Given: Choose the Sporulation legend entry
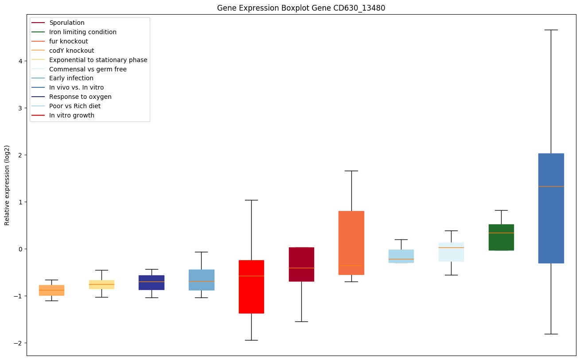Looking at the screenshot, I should click(67, 23).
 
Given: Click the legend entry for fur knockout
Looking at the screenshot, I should click(69, 41).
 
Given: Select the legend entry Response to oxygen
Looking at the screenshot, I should click(80, 97).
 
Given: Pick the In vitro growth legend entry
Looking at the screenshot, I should click(72, 115).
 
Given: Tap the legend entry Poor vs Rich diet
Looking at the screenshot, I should click(75, 106).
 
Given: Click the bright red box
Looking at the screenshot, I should click(251, 286).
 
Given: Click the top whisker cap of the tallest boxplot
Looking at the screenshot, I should click(551, 30).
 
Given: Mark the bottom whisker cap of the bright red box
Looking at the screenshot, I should click(251, 340).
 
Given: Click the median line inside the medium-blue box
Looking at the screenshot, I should click(551, 186).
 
